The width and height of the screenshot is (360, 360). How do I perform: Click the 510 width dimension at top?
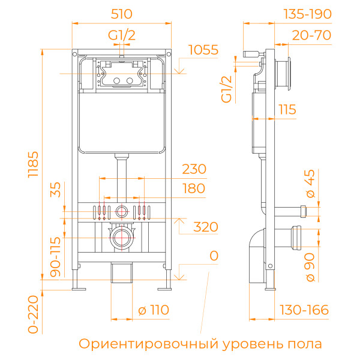(x=122, y=13)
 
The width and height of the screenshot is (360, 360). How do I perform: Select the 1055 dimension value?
(x=203, y=50)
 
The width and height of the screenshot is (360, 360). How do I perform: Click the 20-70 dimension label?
(x=311, y=35)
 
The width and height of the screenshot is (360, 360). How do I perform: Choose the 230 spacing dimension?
(x=194, y=169)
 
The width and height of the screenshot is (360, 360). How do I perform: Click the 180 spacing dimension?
(x=194, y=188)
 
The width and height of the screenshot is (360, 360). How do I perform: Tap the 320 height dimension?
(x=205, y=227)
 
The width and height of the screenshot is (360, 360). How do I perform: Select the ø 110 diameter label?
(x=154, y=310)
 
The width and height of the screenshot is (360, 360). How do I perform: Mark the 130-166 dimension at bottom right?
(x=305, y=310)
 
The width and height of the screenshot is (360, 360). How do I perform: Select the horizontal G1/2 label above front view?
(x=122, y=35)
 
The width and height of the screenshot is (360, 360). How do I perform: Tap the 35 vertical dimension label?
(x=55, y=191)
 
